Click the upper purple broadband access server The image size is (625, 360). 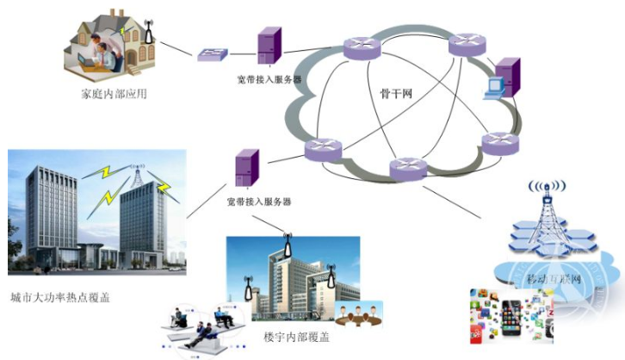tap(269, 47)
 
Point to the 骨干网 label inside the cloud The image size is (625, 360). tap(397, 93)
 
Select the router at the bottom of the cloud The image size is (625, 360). tap(407, 169)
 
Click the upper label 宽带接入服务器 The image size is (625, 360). tap(269, 80)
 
